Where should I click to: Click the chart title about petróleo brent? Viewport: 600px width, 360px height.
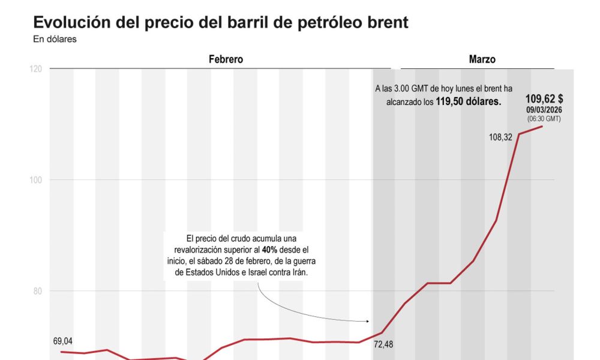pos(221,23)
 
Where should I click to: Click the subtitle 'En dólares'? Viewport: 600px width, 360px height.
pos(55,40)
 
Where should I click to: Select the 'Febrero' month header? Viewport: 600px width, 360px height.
pos(226,59)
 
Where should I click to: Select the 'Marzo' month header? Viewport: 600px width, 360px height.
pos(482,59)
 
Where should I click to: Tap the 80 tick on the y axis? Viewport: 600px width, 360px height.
pos(37,291)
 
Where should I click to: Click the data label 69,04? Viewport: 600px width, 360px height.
pos(63,341)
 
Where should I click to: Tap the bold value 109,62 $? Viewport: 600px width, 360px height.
pos(544,99)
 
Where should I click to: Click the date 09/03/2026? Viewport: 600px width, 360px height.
pos(544,110)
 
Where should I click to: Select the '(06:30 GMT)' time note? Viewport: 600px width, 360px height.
pos(544,119)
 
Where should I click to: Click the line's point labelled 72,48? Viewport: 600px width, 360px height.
pos(382,332)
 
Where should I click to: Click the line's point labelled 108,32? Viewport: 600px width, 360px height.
pos(519,134)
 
